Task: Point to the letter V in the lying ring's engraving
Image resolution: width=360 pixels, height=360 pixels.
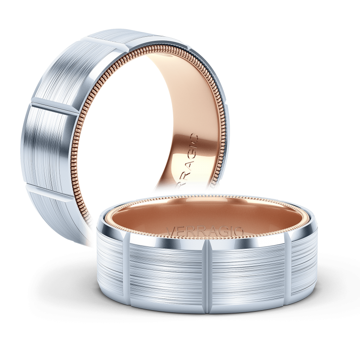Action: tap(171, 231)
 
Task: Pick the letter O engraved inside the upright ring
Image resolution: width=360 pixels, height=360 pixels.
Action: tap(193, 137)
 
